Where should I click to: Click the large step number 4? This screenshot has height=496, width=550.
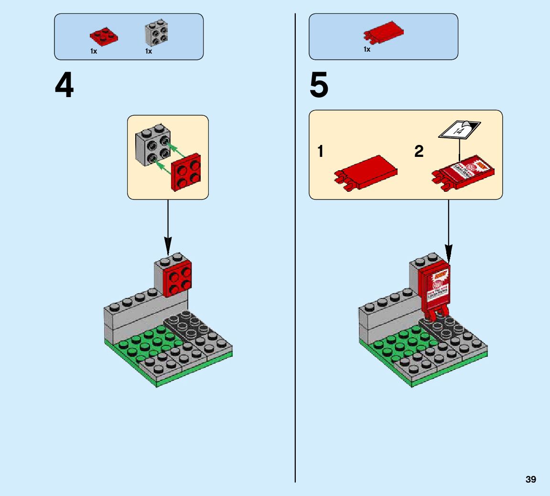click(65, 86)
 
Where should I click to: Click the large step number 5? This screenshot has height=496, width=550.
click(319, 86)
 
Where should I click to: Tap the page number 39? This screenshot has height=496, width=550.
click(530, 479)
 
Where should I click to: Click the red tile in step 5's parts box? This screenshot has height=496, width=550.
click(385, 32)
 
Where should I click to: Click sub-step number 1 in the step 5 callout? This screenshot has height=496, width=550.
click(321, 152)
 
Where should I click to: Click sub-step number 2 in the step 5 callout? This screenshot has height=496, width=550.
click(419, 152)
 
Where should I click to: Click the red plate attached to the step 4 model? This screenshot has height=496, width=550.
click(177, 280)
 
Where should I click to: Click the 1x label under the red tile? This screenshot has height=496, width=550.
click(367, 49)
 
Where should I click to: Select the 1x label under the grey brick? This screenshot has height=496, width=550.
click(149, 51)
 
